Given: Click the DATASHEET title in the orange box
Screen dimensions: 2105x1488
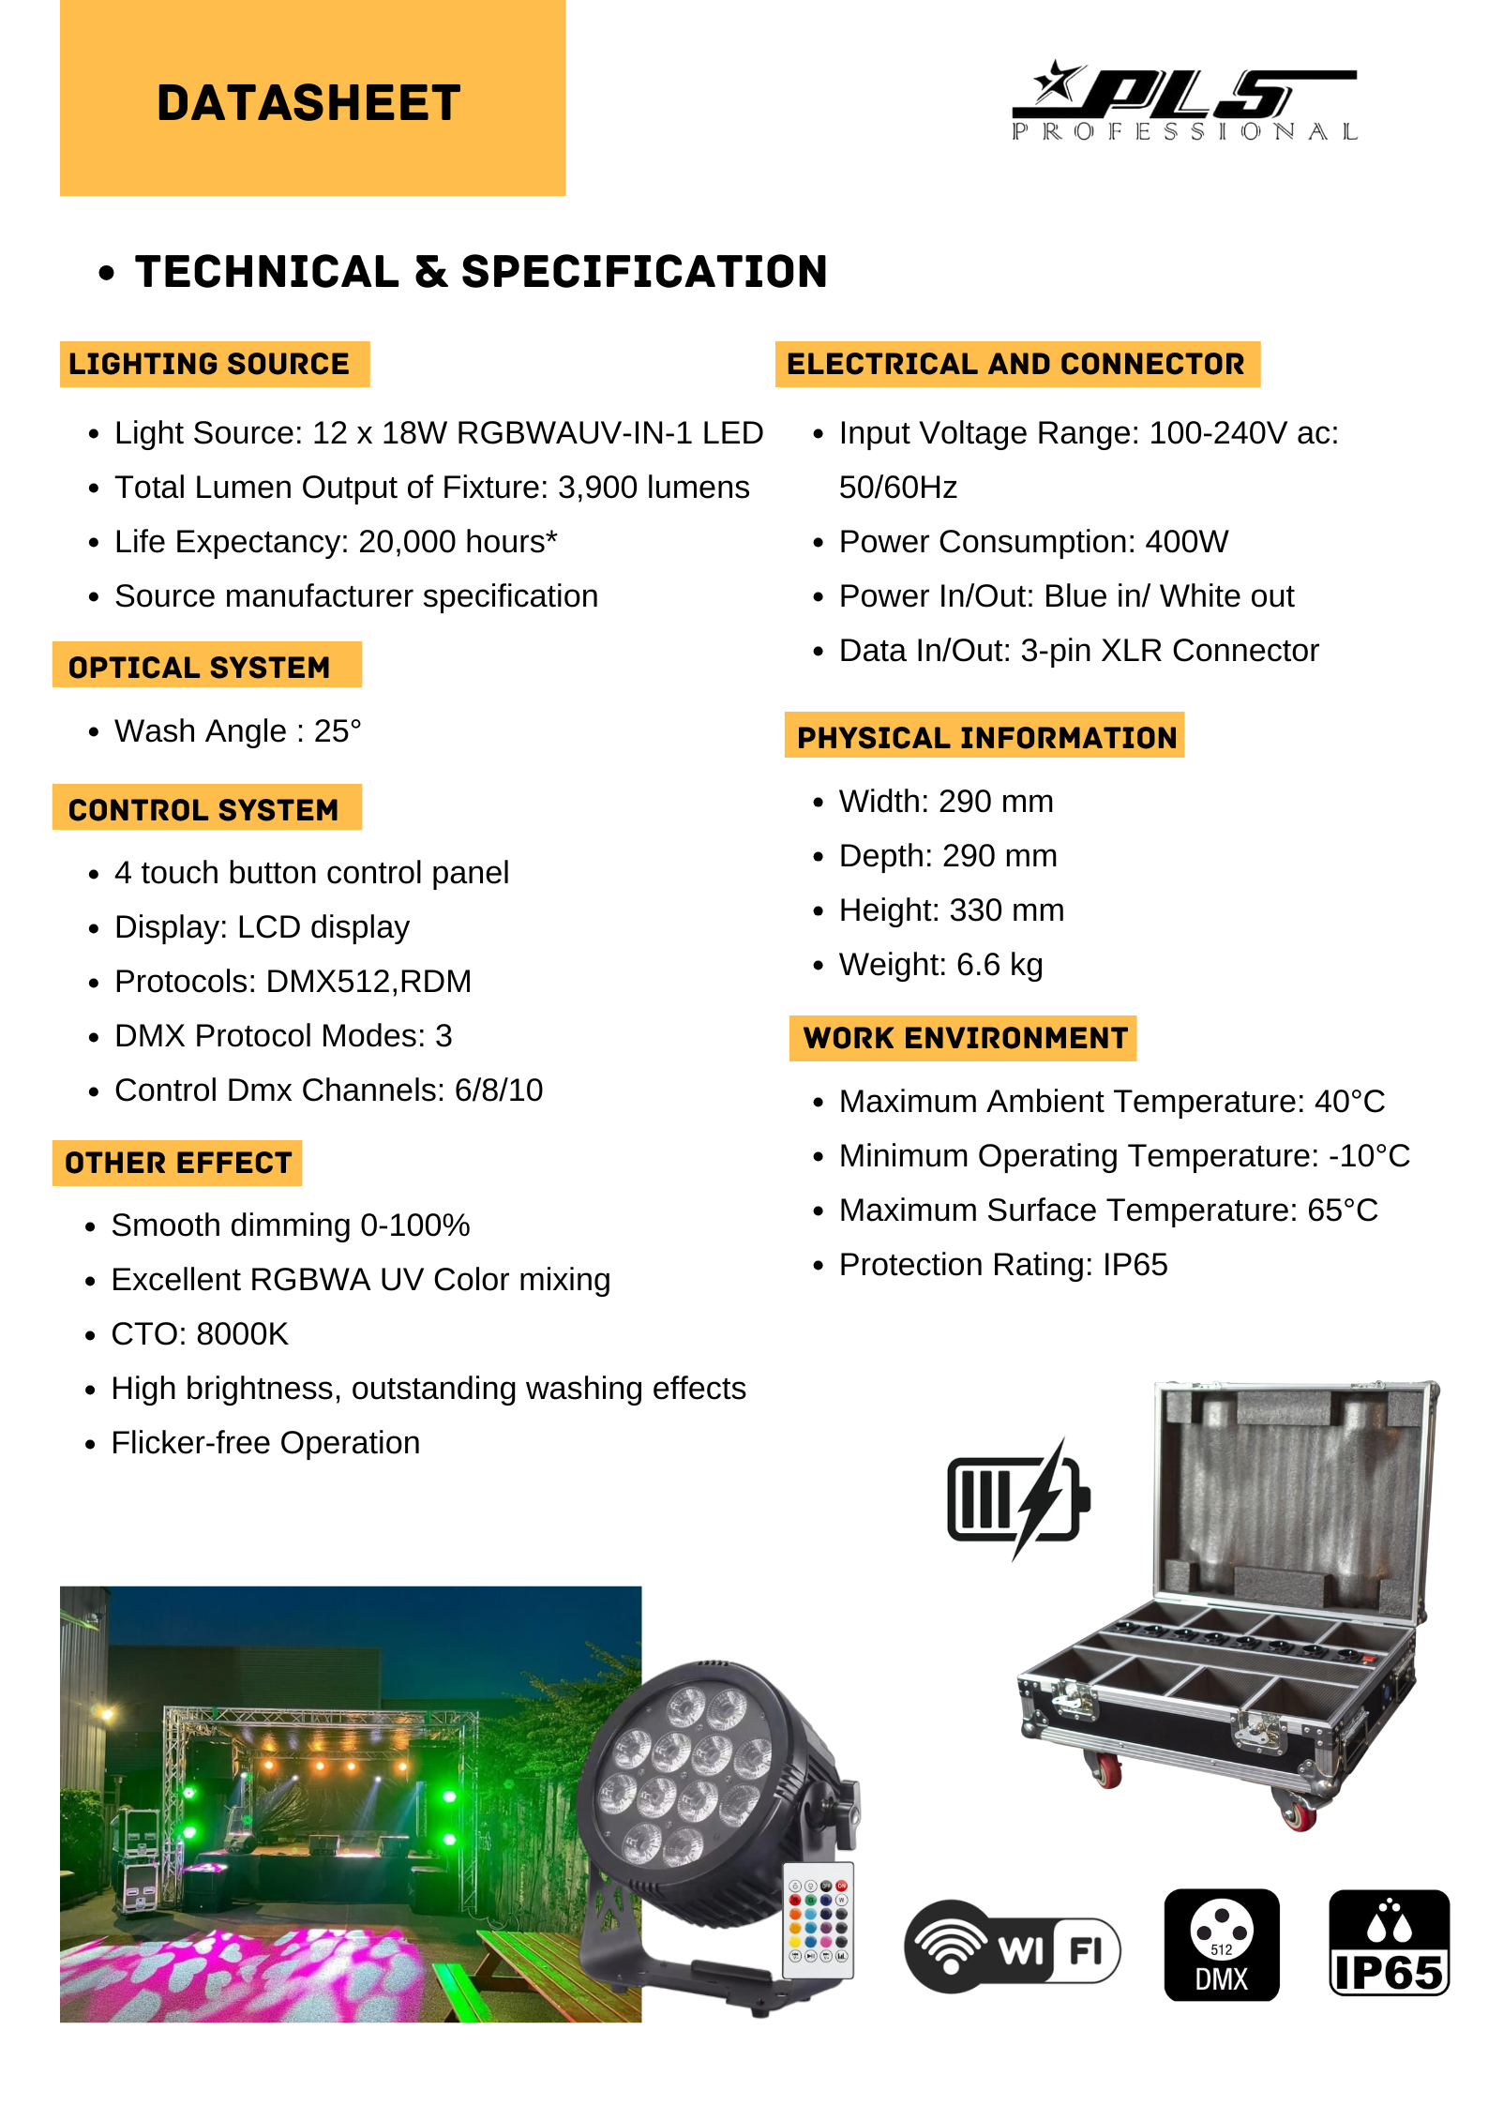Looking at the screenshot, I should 308,102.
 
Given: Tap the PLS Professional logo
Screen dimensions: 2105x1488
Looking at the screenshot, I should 1184,102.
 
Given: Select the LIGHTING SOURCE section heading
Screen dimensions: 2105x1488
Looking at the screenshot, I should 209,364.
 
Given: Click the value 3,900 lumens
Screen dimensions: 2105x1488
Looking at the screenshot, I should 654,488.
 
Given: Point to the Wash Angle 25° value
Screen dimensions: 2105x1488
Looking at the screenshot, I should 337,731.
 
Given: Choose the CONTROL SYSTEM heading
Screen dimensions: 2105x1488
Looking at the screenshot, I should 203,809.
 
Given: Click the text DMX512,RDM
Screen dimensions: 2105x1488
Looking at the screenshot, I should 368,982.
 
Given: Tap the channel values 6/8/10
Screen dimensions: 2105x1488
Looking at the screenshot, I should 498,1090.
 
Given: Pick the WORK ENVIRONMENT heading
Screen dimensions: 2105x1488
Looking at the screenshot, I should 965,1038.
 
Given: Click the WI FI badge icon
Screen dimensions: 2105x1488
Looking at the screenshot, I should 1012,1946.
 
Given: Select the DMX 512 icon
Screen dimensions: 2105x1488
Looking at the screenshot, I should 1221,1945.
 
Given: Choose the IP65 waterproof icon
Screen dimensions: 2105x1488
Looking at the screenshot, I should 1389,1944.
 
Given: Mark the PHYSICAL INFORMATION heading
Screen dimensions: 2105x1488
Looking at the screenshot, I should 985,737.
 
